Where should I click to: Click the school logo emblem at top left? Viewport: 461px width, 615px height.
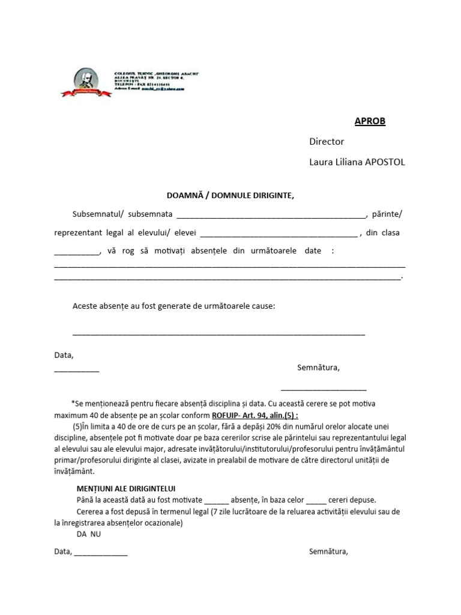pyautogui.click(x=86, y=83)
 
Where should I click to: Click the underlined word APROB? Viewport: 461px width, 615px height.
pyautogui.click(x=370, y=121)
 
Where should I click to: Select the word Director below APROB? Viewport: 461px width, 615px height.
pyautogui.click(x=326, y=142)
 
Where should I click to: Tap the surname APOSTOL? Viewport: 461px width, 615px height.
pyautogui.click(x=385, y=163)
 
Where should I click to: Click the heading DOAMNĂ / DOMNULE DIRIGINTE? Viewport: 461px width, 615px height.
pyautogui.click(x=230, y=195)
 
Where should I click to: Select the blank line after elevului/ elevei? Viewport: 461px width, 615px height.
pyautogui.click(x=277, y=235)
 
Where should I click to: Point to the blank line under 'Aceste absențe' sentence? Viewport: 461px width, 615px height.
pyautogui.click(x=218, y=333)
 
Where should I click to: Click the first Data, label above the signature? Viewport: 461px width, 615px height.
pyautogui.click(x=64, y=355)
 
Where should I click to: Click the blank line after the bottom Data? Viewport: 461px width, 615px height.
pyautogui.click(x=100, y=553)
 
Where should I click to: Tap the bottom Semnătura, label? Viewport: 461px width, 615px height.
pyautogui.click(x=328, y=551)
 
